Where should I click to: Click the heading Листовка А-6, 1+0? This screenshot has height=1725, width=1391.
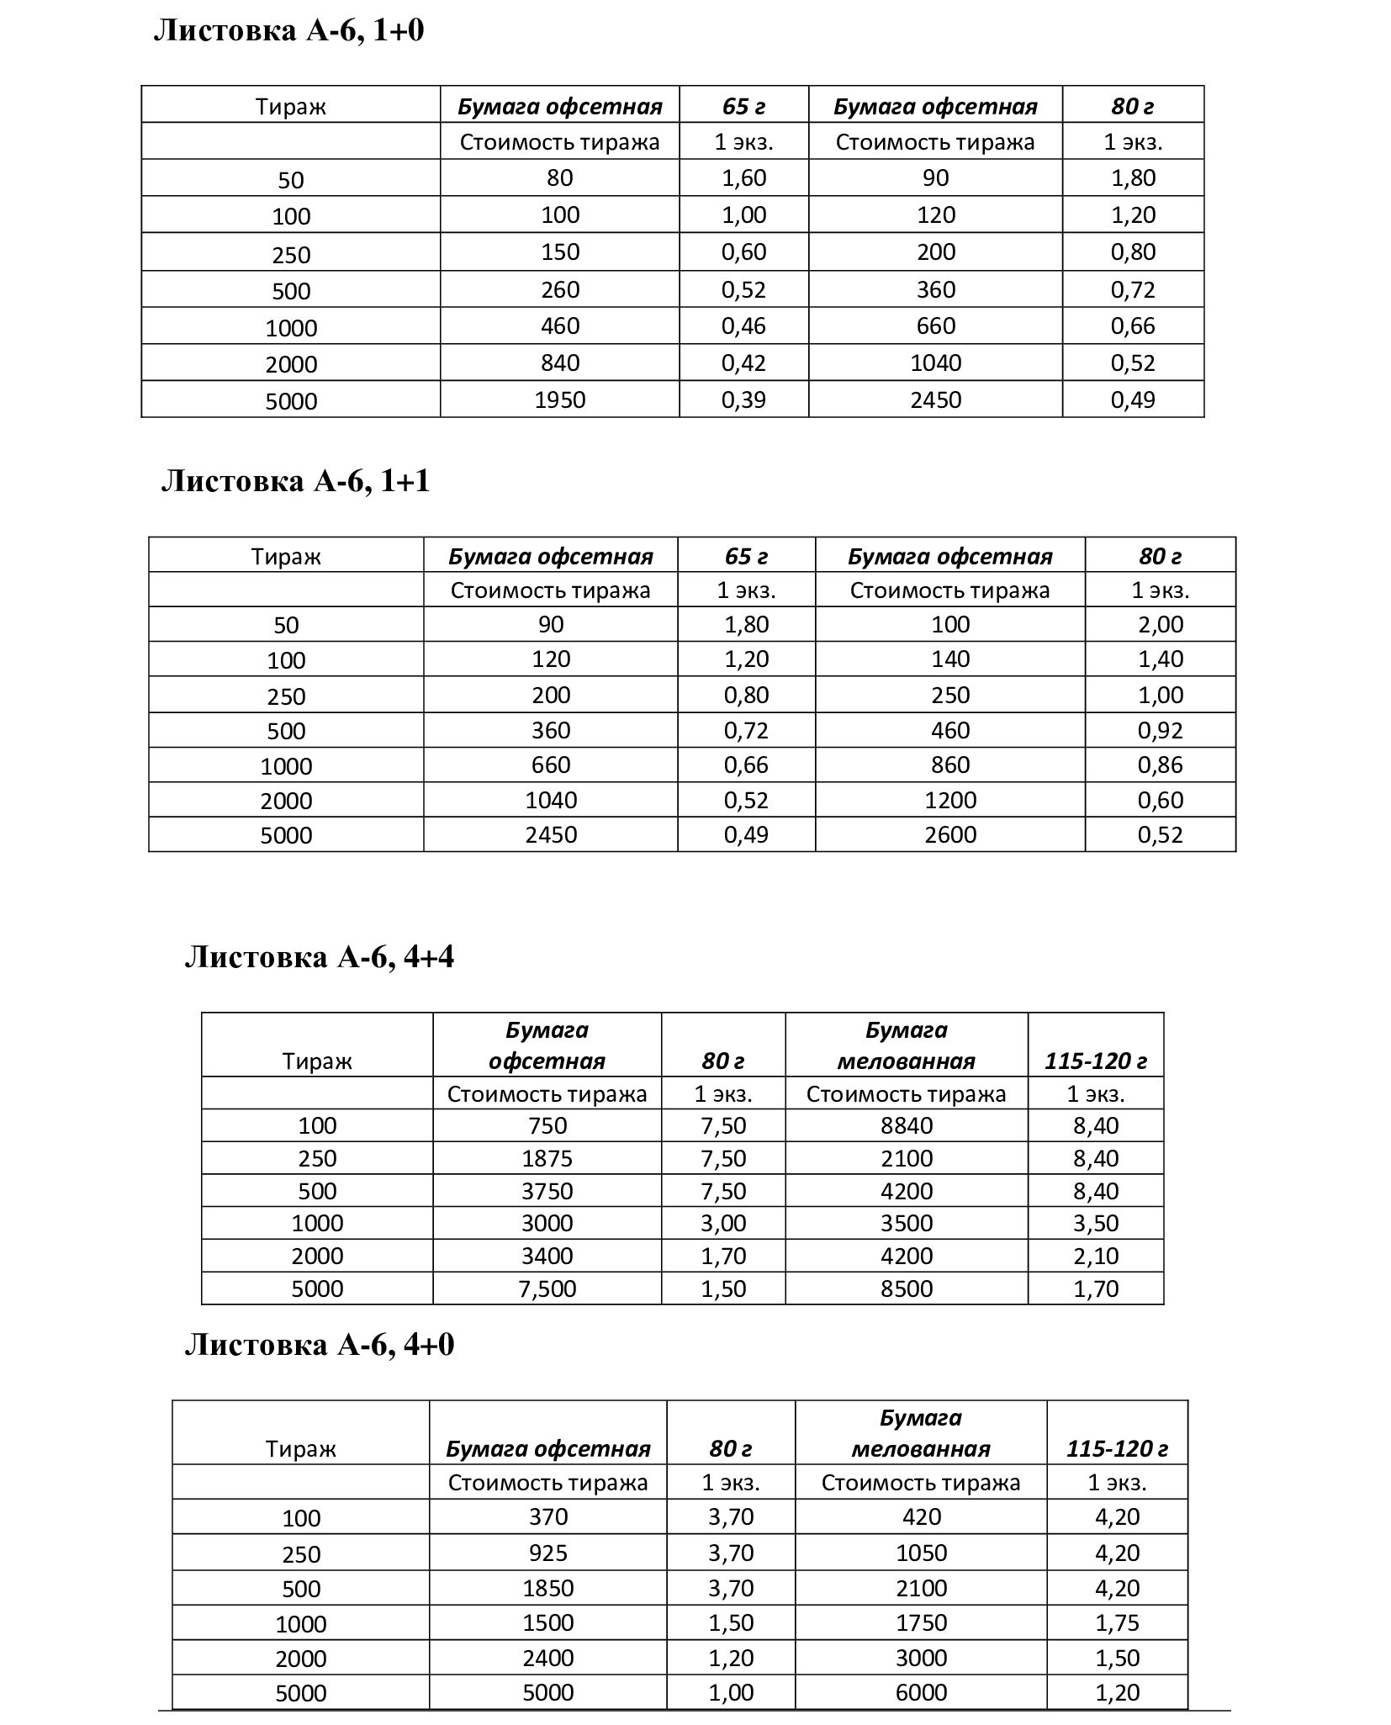[288, 31]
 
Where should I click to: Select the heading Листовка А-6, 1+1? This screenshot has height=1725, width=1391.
[295, 481]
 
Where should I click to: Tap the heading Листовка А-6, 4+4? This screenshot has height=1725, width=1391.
[319, 957]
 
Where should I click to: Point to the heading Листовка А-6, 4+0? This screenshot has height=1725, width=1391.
[319, 1345]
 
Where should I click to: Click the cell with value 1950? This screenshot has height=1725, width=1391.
[559, 400]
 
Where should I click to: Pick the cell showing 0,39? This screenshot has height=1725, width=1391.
[743, 400]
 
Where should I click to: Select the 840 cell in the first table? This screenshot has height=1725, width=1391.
[559, 362]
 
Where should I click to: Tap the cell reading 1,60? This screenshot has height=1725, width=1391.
[743, 177]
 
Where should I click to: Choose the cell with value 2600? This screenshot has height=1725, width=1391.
[949, 834]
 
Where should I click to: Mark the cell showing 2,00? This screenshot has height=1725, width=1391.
[1160, 624]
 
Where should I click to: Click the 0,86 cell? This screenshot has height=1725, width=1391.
[1160, 765]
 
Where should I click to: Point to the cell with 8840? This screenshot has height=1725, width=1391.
[907, 1125]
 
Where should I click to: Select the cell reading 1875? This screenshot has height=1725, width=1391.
[547, 1158]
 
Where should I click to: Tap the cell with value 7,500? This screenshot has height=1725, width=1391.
[547, 1288]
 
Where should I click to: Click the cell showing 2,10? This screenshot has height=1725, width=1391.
[1095, 1256]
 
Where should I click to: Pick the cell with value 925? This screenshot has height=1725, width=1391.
[547, 1553]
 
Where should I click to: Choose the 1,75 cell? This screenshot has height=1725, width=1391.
[1117, 1622]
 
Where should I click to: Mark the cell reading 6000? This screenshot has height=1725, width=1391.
[921, 1692]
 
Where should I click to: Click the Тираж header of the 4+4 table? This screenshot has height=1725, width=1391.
[317, 1061]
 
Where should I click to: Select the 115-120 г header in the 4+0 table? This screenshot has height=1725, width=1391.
[1117, 1448]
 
